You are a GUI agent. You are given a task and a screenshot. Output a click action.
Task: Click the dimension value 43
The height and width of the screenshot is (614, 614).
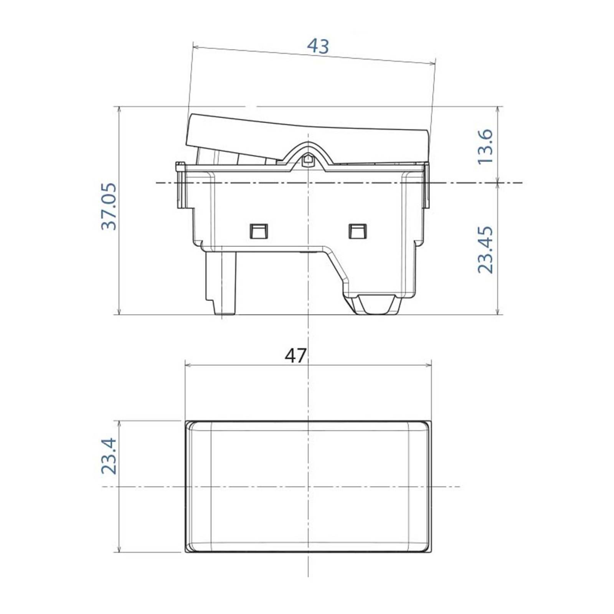[318, 46]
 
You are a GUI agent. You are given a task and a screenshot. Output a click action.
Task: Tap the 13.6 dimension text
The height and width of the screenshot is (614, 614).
[485, 146]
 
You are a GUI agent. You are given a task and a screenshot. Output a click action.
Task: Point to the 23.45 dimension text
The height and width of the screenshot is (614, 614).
[485, 249]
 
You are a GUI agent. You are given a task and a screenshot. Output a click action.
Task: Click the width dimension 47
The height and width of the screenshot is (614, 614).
[295, 356]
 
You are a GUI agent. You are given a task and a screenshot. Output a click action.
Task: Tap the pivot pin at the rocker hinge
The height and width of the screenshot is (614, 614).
[308, 160]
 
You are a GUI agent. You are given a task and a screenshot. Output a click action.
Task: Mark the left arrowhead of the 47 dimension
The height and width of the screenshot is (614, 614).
[188, 365]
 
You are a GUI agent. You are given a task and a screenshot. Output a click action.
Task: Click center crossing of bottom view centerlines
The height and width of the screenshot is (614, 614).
[308, 487]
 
